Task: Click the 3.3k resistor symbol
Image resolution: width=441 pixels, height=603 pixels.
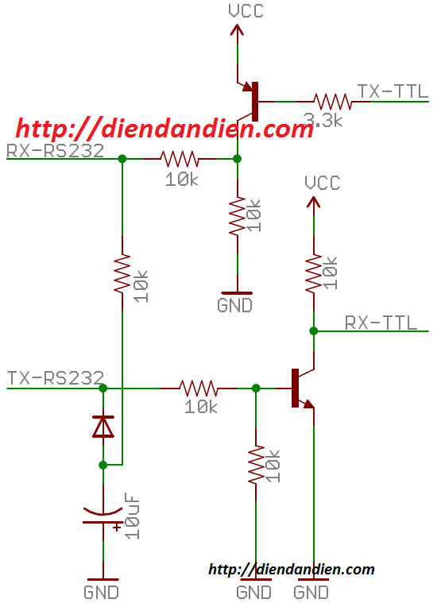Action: click(x=333, y=102)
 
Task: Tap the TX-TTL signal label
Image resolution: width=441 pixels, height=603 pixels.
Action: click(x=393, y=91)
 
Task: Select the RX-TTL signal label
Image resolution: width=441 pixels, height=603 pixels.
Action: click(x=381, y=323)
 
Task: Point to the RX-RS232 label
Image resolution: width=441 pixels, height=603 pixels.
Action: click(x=56, y=151)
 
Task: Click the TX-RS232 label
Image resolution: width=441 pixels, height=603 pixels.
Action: click(x=56, y=378)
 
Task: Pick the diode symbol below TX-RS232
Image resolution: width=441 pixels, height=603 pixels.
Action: click(x=103, y=426)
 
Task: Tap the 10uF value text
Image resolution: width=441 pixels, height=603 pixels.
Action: click(x=132, y=517)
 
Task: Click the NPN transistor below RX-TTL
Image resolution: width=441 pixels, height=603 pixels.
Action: click(x=302, y=388)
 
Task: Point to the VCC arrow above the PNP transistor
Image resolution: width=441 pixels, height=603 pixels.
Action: click(x=237, y=35)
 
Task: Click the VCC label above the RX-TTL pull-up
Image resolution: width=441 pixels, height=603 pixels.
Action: click(x=322, y=183)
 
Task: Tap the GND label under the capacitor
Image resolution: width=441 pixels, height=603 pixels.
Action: click(x=101, y=592)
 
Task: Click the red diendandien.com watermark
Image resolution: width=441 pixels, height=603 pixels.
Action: click(x=164, y=129)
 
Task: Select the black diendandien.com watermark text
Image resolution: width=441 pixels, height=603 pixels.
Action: click(x=292, y=569)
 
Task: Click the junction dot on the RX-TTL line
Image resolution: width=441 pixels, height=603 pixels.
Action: click(x=314, y=330)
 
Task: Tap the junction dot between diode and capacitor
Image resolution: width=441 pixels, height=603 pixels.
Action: click(x=103, y=465)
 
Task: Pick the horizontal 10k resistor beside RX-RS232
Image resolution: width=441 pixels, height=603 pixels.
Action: click(x=180, y=158)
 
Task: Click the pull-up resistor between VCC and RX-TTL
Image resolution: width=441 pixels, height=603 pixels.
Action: click(x=314, y=273)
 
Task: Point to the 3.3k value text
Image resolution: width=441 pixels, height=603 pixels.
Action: click(x=323, y=120)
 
